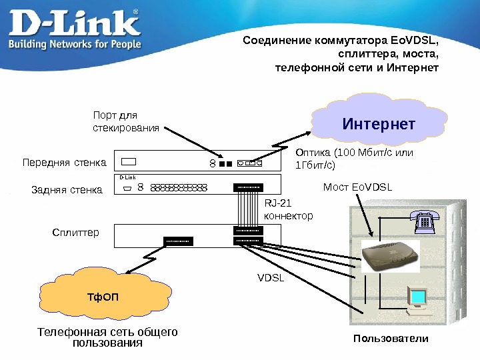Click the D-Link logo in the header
point(75,23)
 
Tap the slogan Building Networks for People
point(75,45)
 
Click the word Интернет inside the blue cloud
point(379,125)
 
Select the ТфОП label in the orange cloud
point(103,295)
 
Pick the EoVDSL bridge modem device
point(391,257)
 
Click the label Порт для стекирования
point(125,121)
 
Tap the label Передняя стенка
point(64,162)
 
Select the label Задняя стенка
point(67,190)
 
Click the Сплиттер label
point(75,233)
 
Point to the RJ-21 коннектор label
point(288,209)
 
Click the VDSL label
point(271,277)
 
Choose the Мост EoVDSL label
point(357,188)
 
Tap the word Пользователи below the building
point(391,339)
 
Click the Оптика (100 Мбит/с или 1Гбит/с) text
point(354,158)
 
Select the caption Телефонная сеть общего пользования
point(107,337)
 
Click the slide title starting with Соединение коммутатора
point(341,55)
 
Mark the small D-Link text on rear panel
point(127,177)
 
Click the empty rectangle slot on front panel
point(129,161)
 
